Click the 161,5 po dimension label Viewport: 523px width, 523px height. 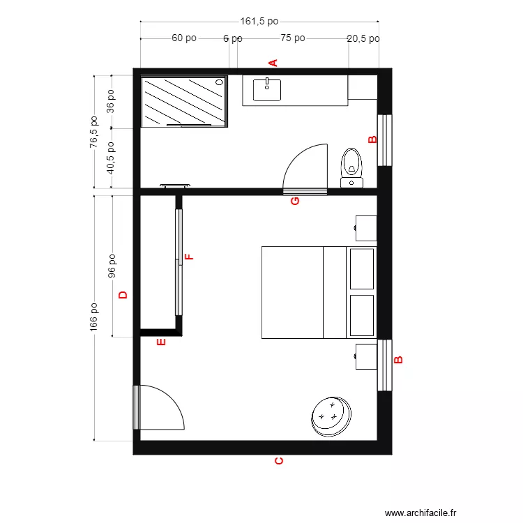click(259, 22)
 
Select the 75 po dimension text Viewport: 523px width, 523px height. click(293, 38)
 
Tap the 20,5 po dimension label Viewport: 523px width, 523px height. click(363, 39)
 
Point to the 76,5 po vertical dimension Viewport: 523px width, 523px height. click(94, 132)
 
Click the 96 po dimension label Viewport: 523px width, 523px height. click(112, 266)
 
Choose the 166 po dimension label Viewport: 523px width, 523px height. click(94, 317)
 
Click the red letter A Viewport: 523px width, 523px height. click(273, 62)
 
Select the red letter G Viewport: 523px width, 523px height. click(294, 201)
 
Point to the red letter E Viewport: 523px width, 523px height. click(161, 342)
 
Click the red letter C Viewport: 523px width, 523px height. click(278, 461)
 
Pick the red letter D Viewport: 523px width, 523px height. click(123, 295)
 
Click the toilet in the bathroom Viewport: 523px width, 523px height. click(351, 166)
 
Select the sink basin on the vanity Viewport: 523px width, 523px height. click(267, 89)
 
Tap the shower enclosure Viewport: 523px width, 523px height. click(184, 102)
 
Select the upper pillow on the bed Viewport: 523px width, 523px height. click(361, 268)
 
